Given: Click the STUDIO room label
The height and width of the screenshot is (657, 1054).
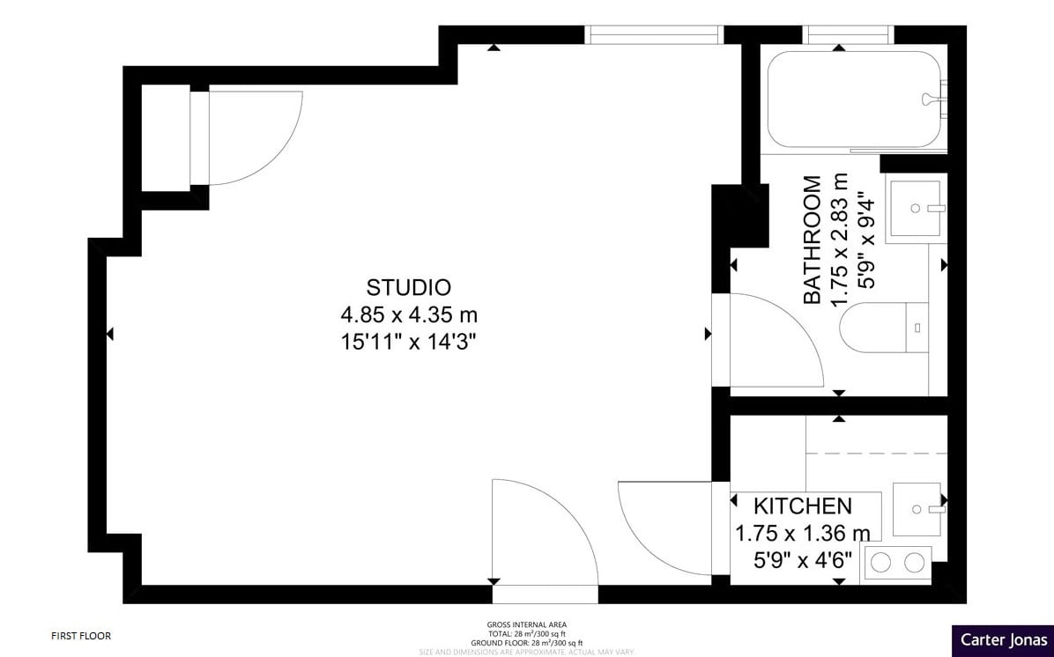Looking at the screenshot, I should [x=409, y=287].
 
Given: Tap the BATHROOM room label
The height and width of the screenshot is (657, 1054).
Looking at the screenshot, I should [x=813, y=240].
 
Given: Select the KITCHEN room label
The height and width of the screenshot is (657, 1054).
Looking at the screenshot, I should [x=802, y=506].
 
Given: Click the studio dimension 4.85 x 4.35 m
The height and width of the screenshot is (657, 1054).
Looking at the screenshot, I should [x=409, y=314].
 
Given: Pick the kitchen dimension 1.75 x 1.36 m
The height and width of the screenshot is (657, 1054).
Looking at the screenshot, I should [x=802, y=533].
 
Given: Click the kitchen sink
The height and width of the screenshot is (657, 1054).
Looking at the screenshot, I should [x=917, y=509].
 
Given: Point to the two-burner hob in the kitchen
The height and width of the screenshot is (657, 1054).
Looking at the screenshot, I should [x=897, y=561].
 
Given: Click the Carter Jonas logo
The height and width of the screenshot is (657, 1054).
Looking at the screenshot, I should [x=1003, y=640].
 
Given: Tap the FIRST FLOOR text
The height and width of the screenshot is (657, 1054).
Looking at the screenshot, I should [x=81, y=635].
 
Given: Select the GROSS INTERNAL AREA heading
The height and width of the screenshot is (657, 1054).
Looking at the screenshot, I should [x=527, y=625].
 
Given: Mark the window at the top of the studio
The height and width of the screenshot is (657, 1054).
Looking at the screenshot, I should [x=654, y=34].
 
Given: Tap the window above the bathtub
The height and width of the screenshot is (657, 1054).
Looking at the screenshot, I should [x=850, y=34].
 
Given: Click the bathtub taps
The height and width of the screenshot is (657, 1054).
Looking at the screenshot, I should [x=932, y=100].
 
